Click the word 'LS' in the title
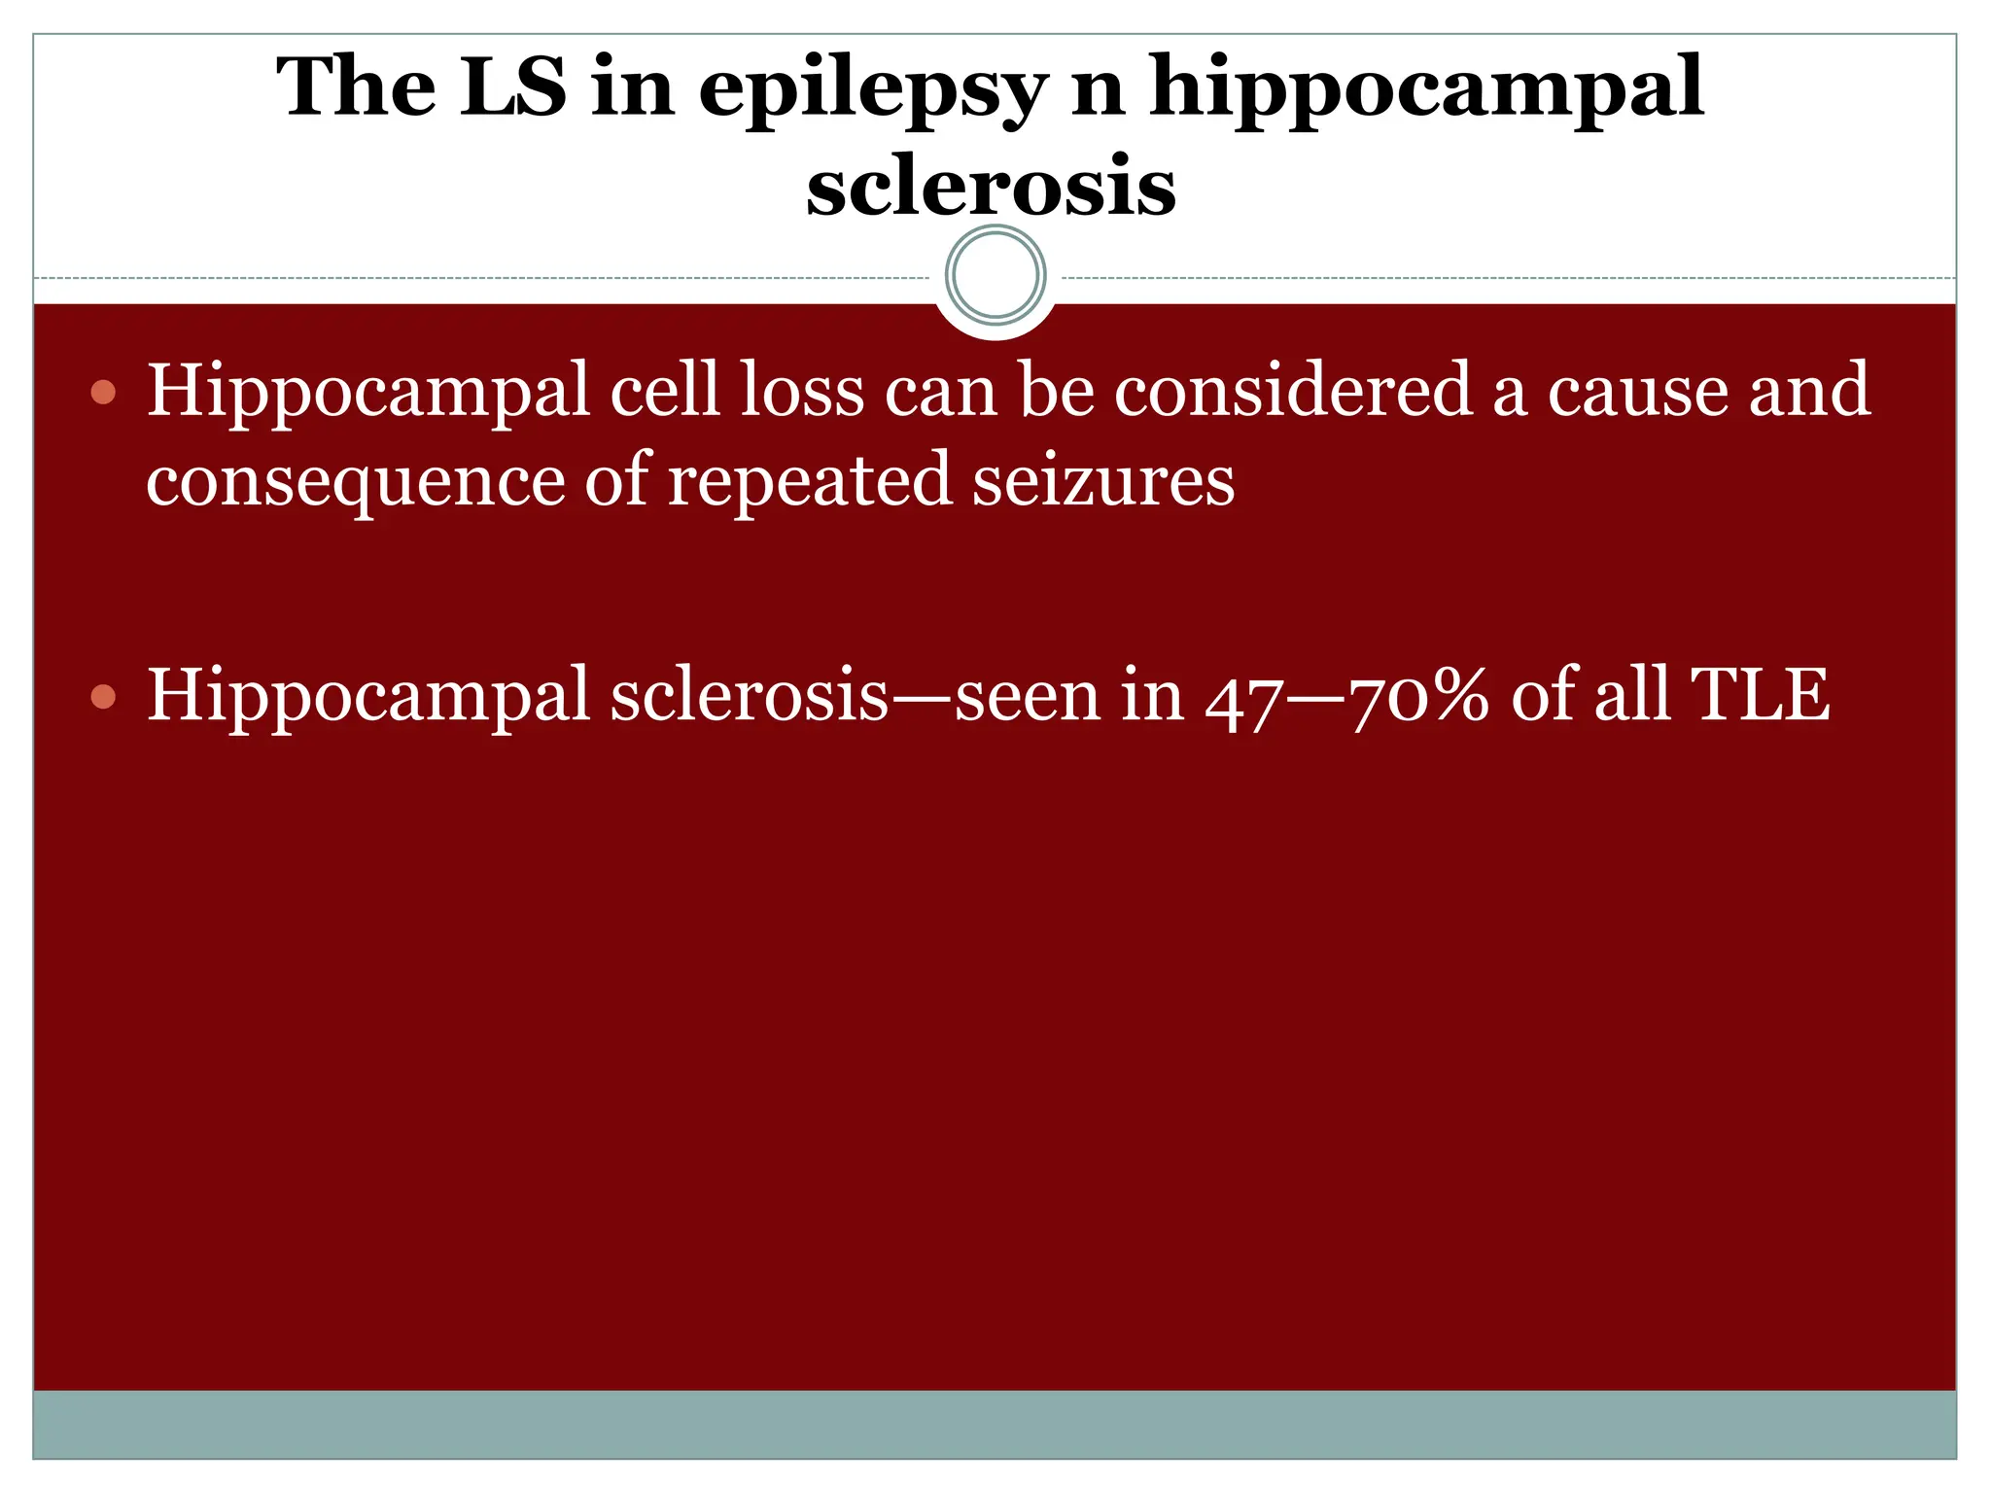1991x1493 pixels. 511,87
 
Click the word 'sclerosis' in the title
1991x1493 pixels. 991,185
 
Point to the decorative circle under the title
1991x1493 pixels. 995,275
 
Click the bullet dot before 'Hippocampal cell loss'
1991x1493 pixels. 103,393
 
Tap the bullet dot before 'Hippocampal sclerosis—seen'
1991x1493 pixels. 103,697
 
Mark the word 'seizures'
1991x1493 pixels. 1103,480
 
